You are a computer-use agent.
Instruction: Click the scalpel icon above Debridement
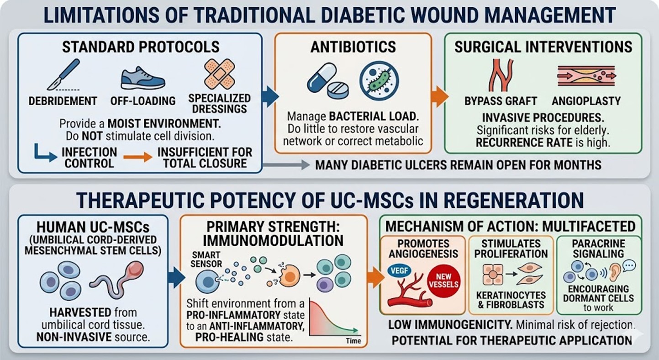click(x=63, y=74)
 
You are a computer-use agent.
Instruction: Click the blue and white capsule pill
click(x=322, y=78)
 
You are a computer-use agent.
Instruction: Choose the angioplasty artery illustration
click(x=586, y=76)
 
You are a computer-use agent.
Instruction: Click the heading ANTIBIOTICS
click(x=353, y=47)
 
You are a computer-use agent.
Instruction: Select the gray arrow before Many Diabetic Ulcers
click(x=286, y=164)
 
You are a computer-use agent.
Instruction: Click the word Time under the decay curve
click(x=353, y=341)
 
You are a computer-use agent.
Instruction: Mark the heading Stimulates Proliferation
click(x=511, y=249)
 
